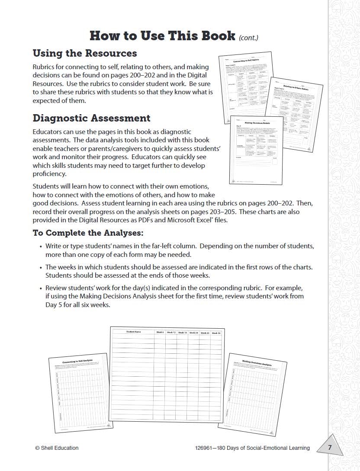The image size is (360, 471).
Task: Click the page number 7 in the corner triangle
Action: [330, 447]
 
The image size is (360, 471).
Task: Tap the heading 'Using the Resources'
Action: [85, 53]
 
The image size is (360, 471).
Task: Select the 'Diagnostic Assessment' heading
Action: [92, 118]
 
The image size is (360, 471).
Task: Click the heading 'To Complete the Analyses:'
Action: [88, 233]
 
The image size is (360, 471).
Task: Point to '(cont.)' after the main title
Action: [248, 38]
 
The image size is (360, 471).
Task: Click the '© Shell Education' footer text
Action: [57, 448]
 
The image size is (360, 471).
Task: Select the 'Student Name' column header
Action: [134, 332]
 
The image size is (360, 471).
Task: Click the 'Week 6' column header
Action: [160, 332]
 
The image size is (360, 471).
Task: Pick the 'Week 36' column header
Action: [216, 333]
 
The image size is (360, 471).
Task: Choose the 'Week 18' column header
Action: [182, 332]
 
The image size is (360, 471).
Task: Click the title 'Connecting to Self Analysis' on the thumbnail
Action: [77, 360]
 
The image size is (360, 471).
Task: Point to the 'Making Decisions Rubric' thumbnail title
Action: [257, 122]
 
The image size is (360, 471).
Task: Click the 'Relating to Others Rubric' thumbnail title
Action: [299, 88]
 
